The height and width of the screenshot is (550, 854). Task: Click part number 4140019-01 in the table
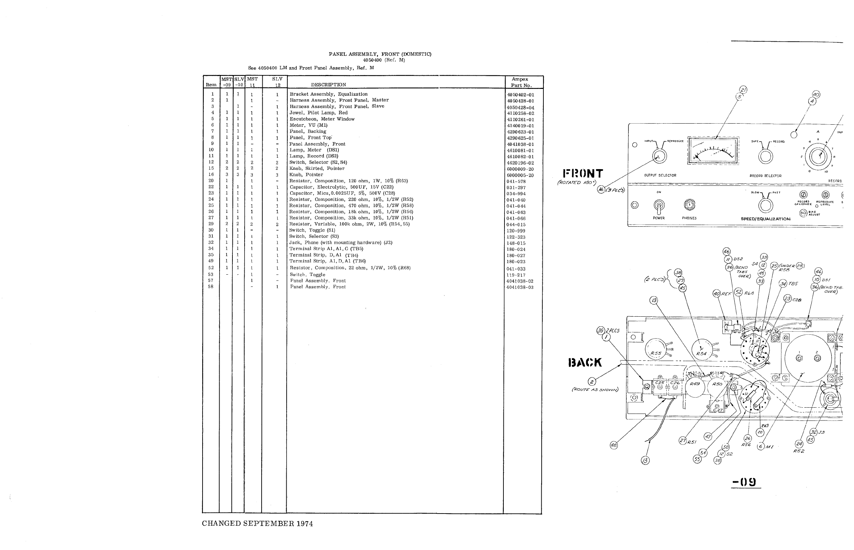[x=520, y=126]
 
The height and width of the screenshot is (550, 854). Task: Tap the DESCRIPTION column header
[x=328, y=85]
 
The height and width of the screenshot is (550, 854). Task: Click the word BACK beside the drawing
[x=585, y=363]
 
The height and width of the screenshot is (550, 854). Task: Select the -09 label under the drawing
[x=745, y=482]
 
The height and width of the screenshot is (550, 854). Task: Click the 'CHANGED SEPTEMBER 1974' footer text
[x=257, y=524]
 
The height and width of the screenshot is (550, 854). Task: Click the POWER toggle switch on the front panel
[x=659, y=205]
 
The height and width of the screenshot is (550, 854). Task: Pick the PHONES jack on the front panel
[x=689, y=205]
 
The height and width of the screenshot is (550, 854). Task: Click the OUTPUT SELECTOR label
[x=660, y=175]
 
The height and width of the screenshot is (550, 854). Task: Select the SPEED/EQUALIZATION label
[x=765, y=219]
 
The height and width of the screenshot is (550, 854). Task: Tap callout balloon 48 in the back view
[x=614, y=445]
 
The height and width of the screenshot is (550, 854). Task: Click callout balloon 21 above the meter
[x=743, y=90]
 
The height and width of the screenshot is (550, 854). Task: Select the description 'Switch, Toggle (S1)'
[x=312, y=230]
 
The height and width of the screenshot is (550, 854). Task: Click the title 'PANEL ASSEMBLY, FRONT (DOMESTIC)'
[x=380, y=54]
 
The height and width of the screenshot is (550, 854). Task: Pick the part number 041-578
[x=516, y=182]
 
